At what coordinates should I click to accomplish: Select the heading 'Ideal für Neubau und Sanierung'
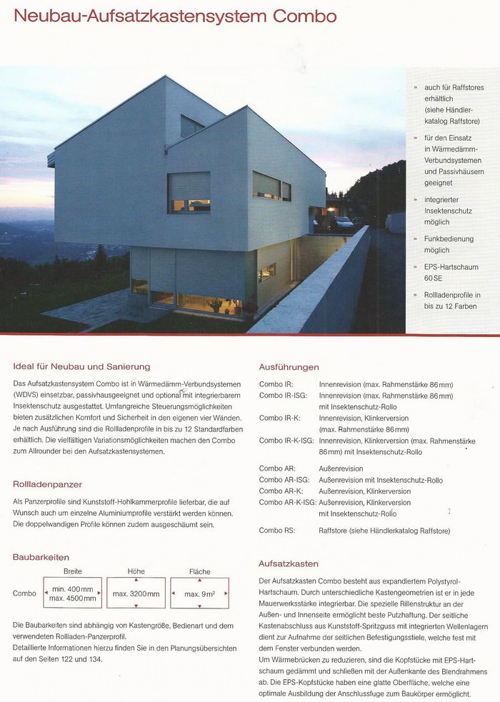point(81,366)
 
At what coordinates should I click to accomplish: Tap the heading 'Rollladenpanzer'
point(48,483)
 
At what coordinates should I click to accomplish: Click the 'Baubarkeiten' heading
point(41,556)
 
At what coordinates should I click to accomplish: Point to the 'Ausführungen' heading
point(289,367)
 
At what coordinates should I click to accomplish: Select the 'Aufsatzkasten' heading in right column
point(289,563)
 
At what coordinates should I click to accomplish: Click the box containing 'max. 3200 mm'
point(136,593)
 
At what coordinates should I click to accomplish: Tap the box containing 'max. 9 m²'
point(199,593)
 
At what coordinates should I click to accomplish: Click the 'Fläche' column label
point(199,572)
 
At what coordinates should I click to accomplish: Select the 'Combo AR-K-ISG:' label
point(287,502)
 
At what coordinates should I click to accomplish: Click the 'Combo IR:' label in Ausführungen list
point(276,384)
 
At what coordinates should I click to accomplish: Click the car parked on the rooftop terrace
point(344,222)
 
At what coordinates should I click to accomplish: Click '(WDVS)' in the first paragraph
point(26,394)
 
